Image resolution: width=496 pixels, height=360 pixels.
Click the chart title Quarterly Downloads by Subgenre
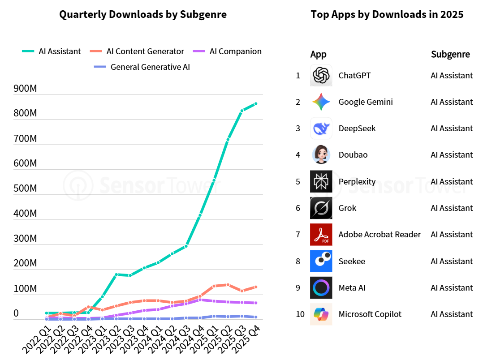pyautogui.click(x=143, y=14)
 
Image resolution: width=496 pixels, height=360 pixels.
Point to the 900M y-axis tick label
pyautogui.click(x=26, y=89)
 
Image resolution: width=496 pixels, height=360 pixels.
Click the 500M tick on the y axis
pyautogui.click(x=26, y=189)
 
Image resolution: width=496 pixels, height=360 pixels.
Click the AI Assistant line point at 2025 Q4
pyautogui.click(x=255, y=104)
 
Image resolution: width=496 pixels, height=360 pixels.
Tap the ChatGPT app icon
pyautogui.click(x=321, y=75)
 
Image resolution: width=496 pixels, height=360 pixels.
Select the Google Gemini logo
pyautogui.click(x=321, y=102)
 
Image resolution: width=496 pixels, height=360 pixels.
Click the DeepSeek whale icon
pyautogui.click(x=321, y=129)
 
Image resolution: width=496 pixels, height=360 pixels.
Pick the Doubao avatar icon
pyautogui.click(x=321, y=155)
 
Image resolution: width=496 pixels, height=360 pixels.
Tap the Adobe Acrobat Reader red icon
pyautogui.click(x=321, y=235)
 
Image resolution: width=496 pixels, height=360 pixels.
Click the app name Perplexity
pyautogui.click(x=357, y=182)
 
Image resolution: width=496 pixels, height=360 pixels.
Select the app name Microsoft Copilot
pyautogui.click(x=370, y=314)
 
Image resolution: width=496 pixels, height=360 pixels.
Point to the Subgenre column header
pyautogui.click(x=450, y=55)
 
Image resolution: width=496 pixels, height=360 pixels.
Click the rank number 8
pyautogui.click(x=298, y=261)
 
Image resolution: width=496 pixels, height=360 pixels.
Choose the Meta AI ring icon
pyautogui.click(x=321, y=288)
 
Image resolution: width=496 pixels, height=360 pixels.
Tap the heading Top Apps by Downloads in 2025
pyautogui.click(x=387, y=14)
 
